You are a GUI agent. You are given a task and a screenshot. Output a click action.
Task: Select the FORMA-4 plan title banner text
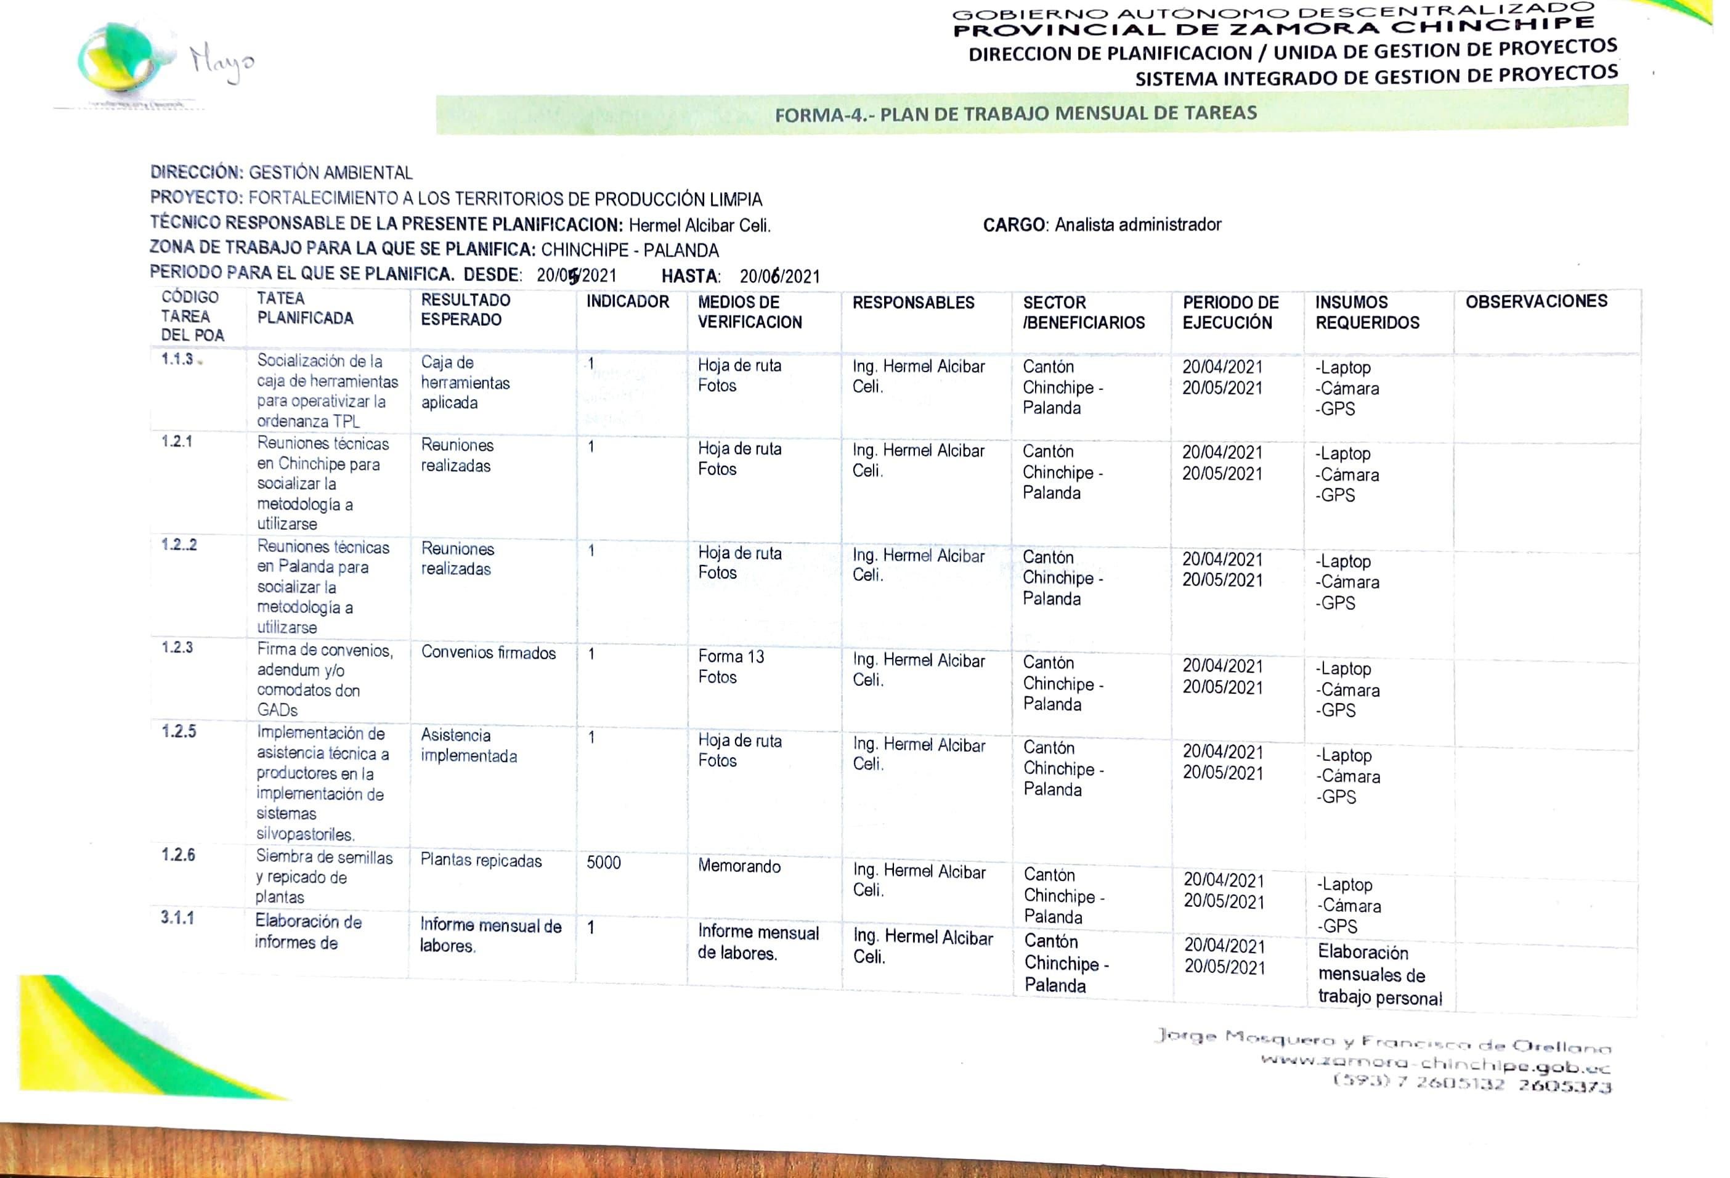point(1015,114)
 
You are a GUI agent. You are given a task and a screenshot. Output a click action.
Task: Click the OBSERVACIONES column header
point(1536,301)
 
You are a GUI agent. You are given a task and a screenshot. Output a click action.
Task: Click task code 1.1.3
point(177,360)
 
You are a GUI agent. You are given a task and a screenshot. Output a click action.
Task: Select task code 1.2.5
point(179,731)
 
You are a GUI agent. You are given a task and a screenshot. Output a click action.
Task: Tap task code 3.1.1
point(177,918)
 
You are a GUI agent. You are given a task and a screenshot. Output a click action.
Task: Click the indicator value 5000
point(603,863)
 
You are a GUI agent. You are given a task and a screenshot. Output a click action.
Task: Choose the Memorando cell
point(739,866)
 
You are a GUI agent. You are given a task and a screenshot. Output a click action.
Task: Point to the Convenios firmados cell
point(489,653)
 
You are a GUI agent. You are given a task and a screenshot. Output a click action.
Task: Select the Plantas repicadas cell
point(481,861)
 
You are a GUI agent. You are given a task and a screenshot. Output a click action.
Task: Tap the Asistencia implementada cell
point(468,745)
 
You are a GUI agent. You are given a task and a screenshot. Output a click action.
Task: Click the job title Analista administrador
point(1137,225)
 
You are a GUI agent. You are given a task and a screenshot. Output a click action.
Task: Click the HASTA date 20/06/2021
point(779,277)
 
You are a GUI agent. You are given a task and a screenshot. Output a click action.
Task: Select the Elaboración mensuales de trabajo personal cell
point(1379,975)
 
